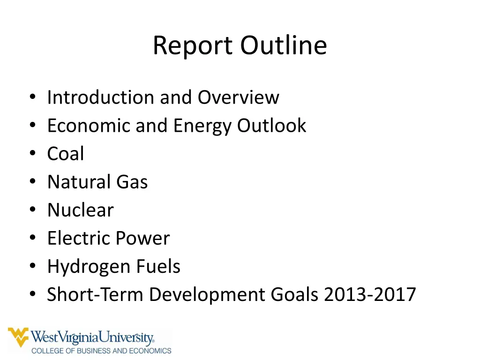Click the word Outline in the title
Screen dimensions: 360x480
click(284, 46)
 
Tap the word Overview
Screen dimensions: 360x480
click(238, 97)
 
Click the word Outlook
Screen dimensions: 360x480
click(271, 126)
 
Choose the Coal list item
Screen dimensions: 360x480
click(66, 154)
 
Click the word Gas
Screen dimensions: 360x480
click(132, 182)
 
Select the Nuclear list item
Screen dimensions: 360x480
click(80, 210)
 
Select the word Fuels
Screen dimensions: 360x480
click(158, 266)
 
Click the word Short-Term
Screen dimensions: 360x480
click(95, 294)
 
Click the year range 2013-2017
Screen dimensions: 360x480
click(370, 294)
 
